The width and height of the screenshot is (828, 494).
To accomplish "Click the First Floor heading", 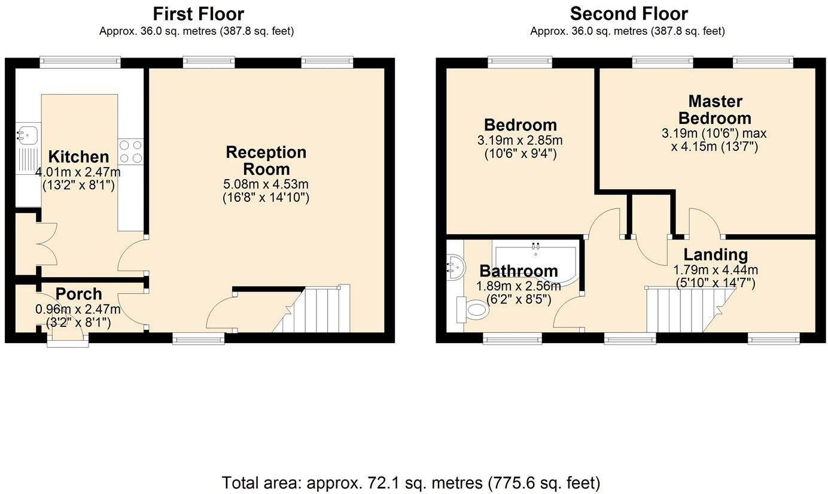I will (x=198, y=13).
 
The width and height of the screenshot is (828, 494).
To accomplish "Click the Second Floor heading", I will (x=628, y=13).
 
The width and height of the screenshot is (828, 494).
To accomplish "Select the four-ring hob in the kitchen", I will (x=131, y=151).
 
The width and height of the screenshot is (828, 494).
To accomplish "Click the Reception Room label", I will (x=266, y=160).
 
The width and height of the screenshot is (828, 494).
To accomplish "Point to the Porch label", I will (x=78, y=295).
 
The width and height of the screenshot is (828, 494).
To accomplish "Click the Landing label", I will (x=716, y=255).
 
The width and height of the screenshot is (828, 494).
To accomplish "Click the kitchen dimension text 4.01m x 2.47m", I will (x=78, y=173).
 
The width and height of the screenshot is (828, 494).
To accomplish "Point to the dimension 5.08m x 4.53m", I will (x=266, y=184).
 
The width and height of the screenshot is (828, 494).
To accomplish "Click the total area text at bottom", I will (x=410, y=482).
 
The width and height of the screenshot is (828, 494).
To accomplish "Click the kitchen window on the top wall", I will (x=80, y=62).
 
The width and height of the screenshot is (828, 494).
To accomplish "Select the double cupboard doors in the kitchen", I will (x=47, y=244).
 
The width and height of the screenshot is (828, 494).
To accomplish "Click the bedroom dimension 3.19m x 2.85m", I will (x=519, y=141).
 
